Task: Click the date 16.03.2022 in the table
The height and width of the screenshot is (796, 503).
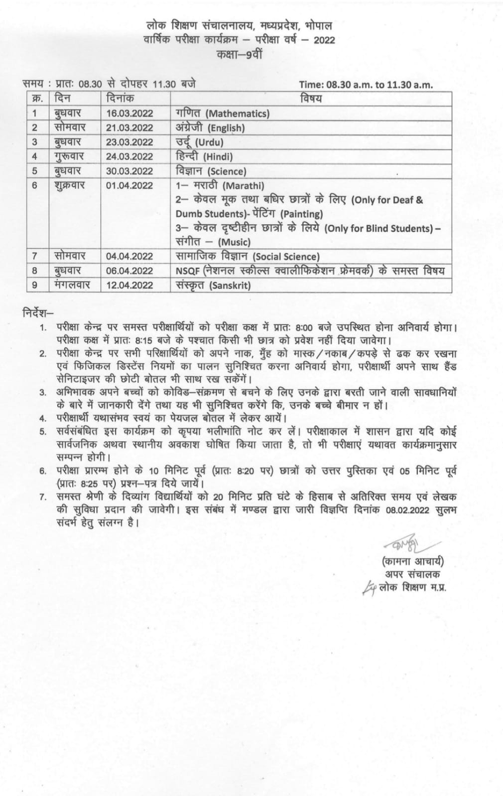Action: [129, 113]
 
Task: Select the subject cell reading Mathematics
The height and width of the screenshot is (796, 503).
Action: [223, 113]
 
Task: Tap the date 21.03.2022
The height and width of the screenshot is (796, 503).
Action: [129, 128]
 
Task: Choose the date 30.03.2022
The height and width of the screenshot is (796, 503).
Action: [129, 171]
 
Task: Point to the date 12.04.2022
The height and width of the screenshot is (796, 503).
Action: [129, 286]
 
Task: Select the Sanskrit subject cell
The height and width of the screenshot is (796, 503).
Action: [213, 286]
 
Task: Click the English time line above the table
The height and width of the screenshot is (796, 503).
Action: [366, 85]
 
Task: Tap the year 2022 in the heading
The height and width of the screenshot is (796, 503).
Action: [324, 40]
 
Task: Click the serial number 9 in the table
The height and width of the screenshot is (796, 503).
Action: [35, 286]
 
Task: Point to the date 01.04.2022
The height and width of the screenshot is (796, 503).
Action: [129, 186]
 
